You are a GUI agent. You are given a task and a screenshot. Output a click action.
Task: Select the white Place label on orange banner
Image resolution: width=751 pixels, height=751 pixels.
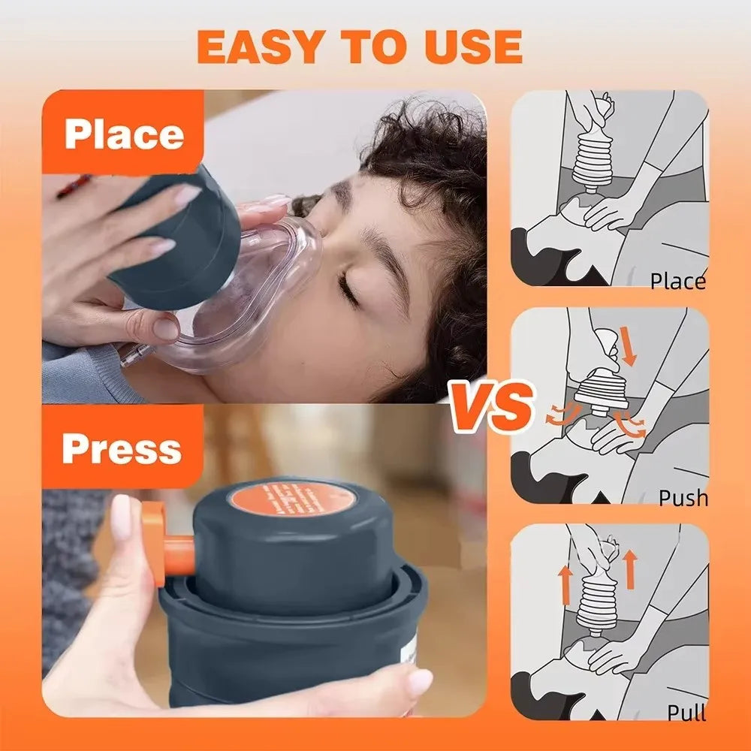click(x=124, y=135)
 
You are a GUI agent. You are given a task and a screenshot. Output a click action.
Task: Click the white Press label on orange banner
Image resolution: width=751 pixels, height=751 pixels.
click(x=122, y=448)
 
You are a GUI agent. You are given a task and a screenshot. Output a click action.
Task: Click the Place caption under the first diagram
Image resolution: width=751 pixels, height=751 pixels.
click(x=677, y=282)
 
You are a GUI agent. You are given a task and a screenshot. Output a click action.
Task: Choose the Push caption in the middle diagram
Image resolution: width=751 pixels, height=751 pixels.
click(x=683, y=497)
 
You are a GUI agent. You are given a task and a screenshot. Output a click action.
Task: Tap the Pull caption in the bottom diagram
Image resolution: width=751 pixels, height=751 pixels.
click(x=686, y=712)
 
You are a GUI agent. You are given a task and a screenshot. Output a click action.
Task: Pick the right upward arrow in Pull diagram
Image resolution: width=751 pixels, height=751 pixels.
click(x=629, y=569)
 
